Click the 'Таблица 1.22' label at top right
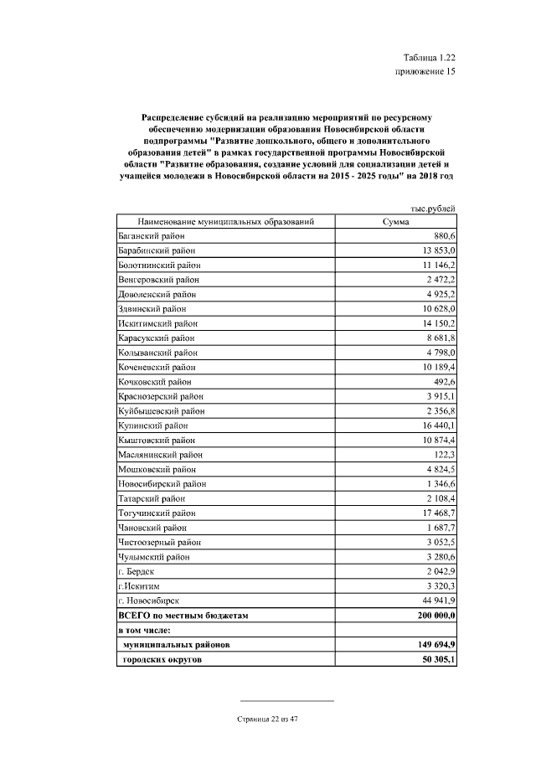click(x=429, y=57)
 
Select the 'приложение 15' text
click(x=425, y=72)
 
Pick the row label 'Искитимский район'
click(x=157, y=323)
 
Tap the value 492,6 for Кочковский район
click(x=441, y=382)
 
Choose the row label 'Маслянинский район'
click(x=160, y=455)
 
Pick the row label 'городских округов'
click(x=162, y=660)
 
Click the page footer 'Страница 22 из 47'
click(x=268, y=719)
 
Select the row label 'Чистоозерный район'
click(x=160, y=543)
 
